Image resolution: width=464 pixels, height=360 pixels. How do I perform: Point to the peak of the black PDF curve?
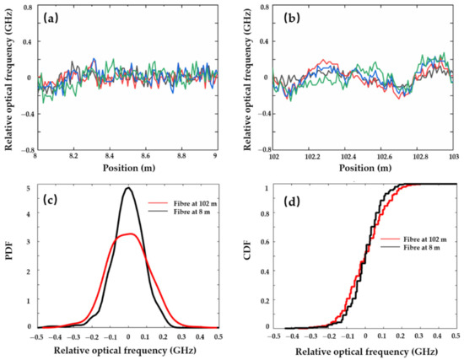pos(127,188)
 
